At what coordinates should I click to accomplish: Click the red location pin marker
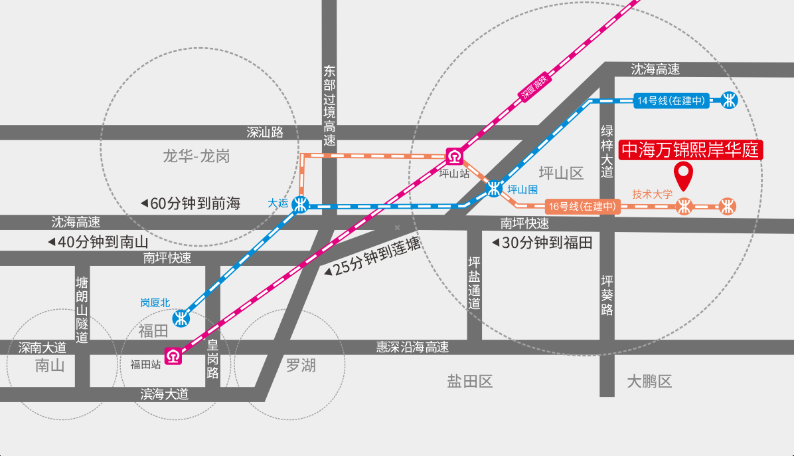click(x=684, y=174)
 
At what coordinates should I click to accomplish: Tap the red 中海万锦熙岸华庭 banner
click(x=690, y=150)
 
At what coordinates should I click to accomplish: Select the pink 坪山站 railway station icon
click(x=454, y=157)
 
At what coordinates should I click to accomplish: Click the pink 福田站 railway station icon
click(x=173, y=356)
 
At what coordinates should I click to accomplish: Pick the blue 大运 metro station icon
click(x=301, y=205)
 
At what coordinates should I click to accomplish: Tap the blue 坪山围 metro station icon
click(x=494, y=189)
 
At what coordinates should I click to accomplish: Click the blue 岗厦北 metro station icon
click(x=181, y=318)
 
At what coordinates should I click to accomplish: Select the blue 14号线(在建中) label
click(x=671, y=100)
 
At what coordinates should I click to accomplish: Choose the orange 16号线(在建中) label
click(x=582, y=207)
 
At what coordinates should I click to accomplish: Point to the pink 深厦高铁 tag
click(x=534, y=86)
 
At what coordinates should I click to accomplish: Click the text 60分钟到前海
click(x=195, y=203)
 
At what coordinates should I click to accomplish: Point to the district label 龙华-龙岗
click(x=196, y=156)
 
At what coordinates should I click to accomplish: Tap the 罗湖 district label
click(x=301, y=365)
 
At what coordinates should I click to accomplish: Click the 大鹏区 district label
click(x=649, y=382)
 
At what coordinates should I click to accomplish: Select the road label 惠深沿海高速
click(x=412, y=347)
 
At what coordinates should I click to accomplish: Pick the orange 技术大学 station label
click(x=652, y=194)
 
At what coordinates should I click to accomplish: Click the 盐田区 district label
click(x=470, y=382)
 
